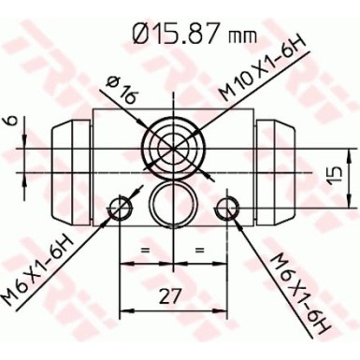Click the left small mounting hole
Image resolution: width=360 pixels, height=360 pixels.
(x=119, y=207)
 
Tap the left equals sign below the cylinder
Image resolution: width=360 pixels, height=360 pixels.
(x=145, y=251)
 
